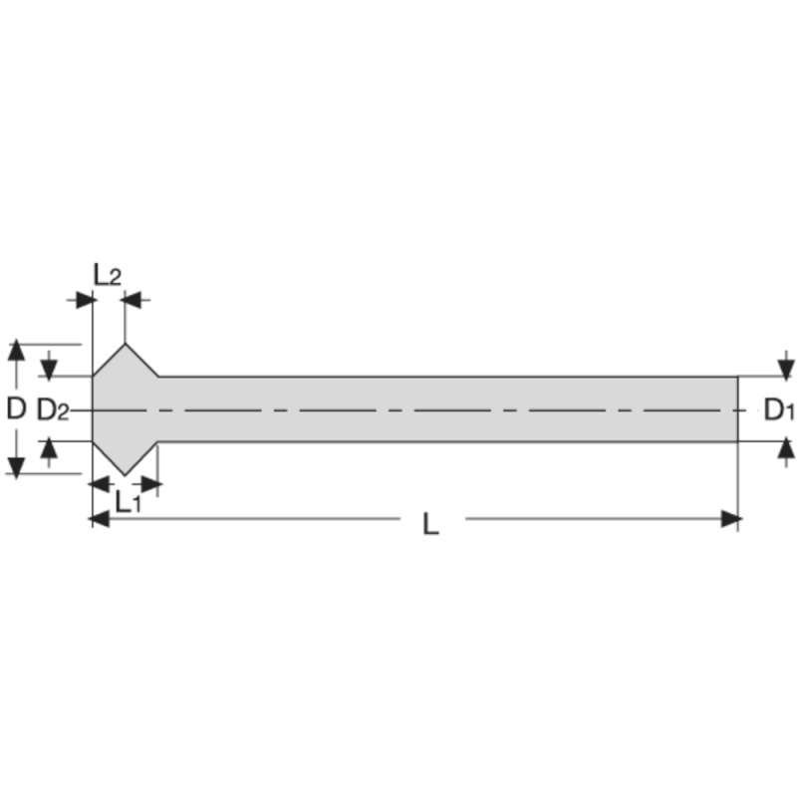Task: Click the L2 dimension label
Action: click(107, 273)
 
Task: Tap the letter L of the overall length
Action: click(430, 524)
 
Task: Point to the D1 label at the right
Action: click(779, 409)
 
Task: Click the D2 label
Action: click(53, 409)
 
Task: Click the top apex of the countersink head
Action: click(125, 345)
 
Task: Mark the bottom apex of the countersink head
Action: click(125, 474)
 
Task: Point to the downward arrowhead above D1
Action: click(787, 367)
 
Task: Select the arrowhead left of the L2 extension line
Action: click(82, 298)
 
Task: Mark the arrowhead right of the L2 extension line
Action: click(135, 298)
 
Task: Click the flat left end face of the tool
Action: click(93, 408)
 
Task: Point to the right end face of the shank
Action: click(737, 408)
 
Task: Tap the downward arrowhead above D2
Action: click(49, 369)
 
